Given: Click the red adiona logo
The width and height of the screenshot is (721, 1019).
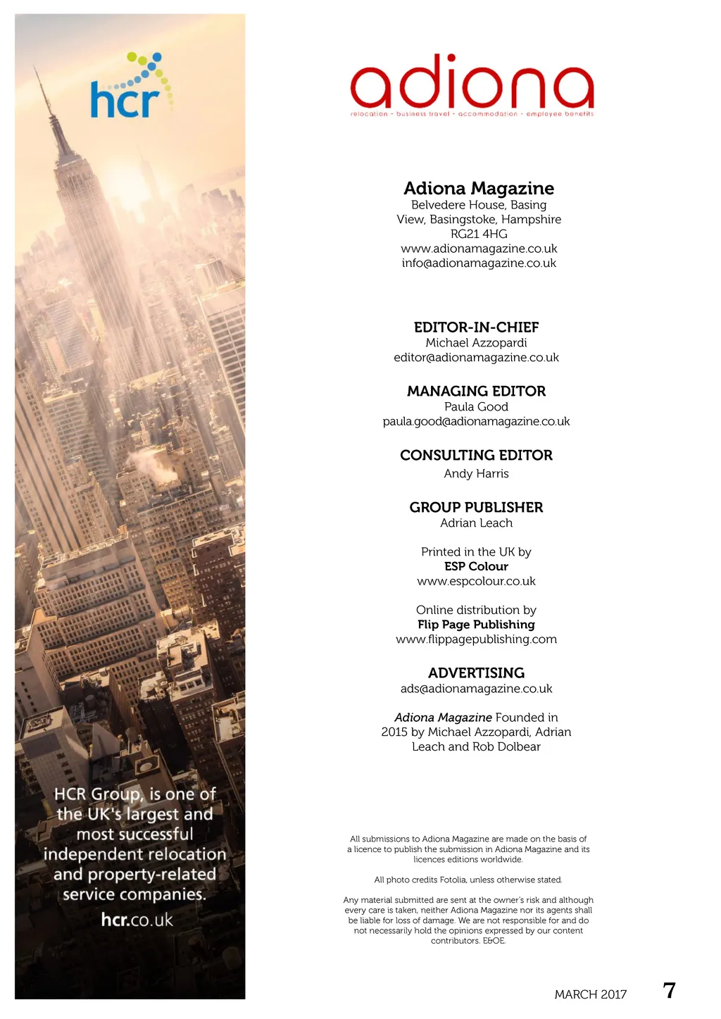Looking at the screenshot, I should [472, 86].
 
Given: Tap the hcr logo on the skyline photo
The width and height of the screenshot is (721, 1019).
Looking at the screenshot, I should [131, 87].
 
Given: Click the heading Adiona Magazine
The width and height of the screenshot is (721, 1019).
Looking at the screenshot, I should [478, 188].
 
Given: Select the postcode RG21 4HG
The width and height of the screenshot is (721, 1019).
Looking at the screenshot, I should [478, 234].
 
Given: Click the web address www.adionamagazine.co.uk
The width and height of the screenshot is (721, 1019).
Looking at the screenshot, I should [479, 249].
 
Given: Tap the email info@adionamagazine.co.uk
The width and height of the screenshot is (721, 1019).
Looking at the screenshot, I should [479, 263].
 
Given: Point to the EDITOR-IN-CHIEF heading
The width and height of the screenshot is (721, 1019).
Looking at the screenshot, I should [476, 327].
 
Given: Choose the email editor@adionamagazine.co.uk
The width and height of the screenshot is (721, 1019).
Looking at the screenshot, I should [476, 358].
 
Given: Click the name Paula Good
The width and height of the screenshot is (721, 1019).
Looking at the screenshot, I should [476, 407].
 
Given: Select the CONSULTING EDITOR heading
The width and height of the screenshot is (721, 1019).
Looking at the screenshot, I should [476, 456].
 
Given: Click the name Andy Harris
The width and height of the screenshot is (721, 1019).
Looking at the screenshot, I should [476, 474].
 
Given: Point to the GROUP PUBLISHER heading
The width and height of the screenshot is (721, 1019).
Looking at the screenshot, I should [476, 508].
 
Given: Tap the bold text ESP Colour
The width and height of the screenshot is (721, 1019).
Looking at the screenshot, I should [476, 567].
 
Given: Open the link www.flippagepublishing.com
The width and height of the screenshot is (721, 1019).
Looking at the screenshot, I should [476, 639].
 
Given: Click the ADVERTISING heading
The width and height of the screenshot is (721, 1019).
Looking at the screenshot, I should [476, 673].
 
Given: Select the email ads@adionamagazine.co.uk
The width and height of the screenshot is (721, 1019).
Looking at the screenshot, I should [476, 689].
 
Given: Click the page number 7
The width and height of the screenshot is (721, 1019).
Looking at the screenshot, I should [669, 991].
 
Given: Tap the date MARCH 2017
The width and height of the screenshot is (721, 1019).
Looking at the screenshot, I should [590, 994].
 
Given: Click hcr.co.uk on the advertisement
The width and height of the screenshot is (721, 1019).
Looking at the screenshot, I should [137, 920].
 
